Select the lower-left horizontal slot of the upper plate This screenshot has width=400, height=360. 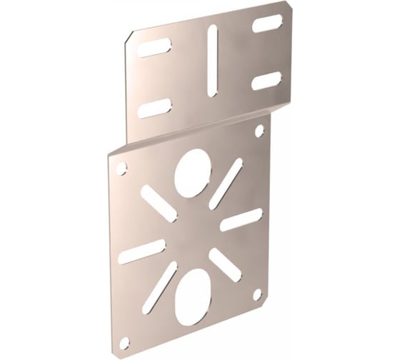click(154, 109)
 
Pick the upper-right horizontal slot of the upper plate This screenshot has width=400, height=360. click(266, 24)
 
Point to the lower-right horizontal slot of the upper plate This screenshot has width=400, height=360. click(266, 81)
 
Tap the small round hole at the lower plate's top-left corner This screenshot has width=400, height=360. click(121, 169)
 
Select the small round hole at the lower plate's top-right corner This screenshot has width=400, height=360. click(259, 131)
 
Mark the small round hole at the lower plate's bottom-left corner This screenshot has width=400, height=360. click(125, 342)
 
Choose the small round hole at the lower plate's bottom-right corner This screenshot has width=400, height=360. click(257, 294)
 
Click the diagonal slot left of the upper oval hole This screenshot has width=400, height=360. click(159, 204)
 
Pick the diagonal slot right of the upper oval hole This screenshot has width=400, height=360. click(226, 183)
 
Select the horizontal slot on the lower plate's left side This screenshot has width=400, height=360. click(141, 251)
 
